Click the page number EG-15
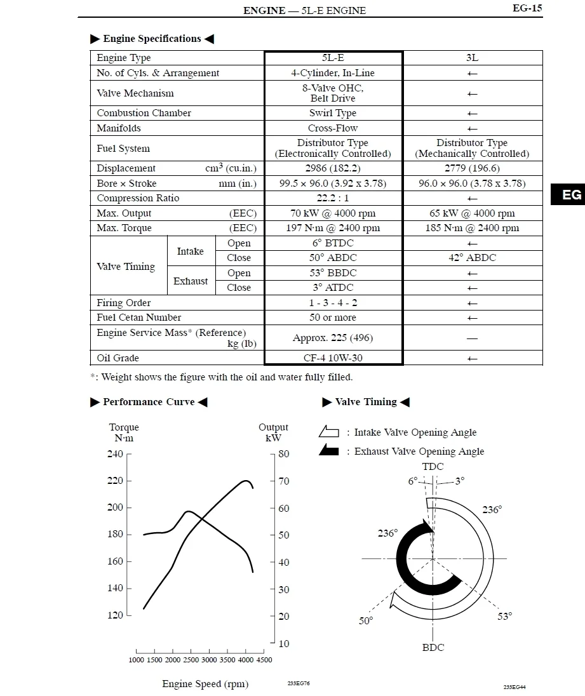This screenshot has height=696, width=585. pos(527,9)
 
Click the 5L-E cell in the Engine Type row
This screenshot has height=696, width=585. pos(333,58)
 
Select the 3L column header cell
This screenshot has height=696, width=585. pos(472,58)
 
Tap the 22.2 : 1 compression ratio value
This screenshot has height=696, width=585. pos(333,198)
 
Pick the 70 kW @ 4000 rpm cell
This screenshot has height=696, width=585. pos(333,213)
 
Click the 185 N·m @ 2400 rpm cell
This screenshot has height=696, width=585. pos(472,228)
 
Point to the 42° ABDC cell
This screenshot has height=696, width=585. pos(472,258)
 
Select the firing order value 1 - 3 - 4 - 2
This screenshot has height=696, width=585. pos(333,303)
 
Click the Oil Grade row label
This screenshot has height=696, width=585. pos(118,358)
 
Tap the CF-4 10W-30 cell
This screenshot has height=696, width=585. pos(333,358)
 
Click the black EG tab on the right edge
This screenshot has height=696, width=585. pos(571,194)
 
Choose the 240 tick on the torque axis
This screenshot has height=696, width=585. pos(115,454)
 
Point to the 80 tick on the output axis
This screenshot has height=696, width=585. pos(283,454)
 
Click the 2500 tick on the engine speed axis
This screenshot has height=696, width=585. pos(191,660)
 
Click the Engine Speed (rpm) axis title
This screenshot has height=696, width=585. pos(205,684)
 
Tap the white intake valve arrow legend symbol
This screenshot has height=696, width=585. pos(329,432)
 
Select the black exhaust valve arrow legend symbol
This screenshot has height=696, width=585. pos(329,451)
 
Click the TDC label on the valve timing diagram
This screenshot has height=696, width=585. pos(433,467)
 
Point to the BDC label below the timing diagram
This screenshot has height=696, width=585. pos(433,648)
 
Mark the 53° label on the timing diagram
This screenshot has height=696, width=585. pos(505,616)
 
